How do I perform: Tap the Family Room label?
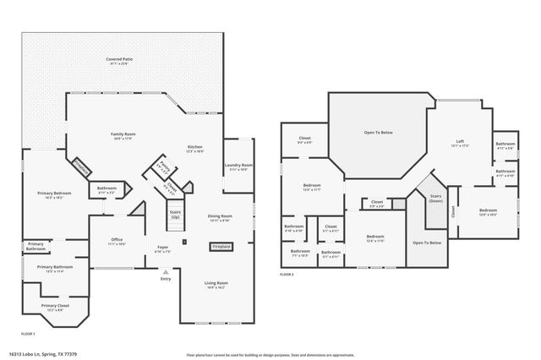pyautogui.click(x=123, y=136)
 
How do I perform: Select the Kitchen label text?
pyautogui.click(x=195, y=149)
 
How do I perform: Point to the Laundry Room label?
pyautogui.click(x=239, y=166)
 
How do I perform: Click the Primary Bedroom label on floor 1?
pyautogui.click(x=54, y=194)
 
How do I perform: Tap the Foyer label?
pyautogui.click(x=162, y=248)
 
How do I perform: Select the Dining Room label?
pyautogui.click(x=221, y=218)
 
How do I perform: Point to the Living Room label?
pyautogui.click(x=216, y=284)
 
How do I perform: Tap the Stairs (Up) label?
pyautogui.click(x=176, y=215)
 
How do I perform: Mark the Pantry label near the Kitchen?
pyautogui.click(x=161, y=166)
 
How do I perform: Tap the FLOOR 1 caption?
pyautogui.click(x=29, y=334)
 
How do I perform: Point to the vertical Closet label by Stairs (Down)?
pyautogui.click(x=453, y=212)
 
